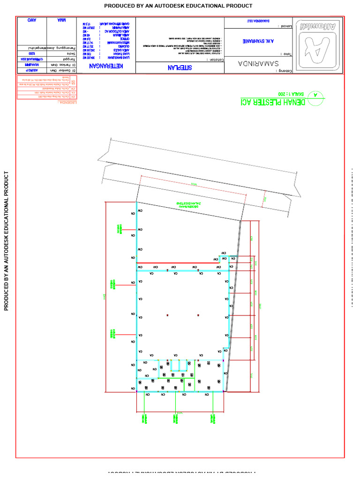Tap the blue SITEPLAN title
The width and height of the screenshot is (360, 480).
click(180, 68)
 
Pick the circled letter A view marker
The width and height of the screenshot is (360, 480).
click(315, 95)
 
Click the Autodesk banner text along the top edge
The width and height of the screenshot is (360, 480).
click(178, 6)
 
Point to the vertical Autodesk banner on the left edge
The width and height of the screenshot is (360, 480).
click(7, 240)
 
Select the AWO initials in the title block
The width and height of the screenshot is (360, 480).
click(32, 21)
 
